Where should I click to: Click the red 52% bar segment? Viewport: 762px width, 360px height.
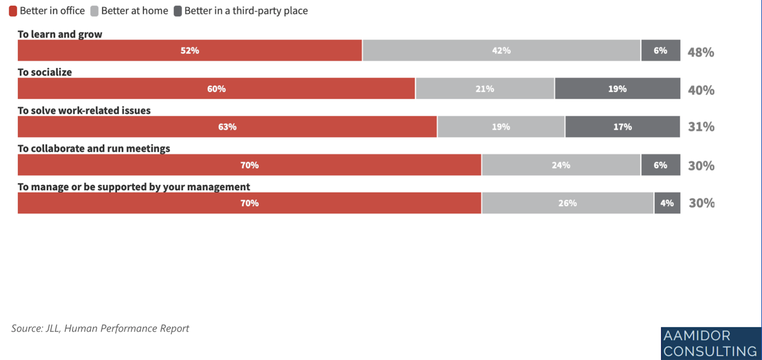[190, 51]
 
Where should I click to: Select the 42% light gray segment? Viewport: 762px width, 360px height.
[501, 51]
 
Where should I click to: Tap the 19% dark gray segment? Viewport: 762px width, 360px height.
[617, 89]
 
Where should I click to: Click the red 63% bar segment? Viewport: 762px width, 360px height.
[227, 127]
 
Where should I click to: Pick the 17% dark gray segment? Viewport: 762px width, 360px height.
[622, 127]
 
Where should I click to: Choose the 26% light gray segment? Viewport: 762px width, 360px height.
[567, 203]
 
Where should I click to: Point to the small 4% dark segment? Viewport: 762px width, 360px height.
[667, 203]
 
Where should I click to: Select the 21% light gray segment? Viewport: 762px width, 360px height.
[484, 89]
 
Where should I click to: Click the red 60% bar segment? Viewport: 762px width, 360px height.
[216, 89]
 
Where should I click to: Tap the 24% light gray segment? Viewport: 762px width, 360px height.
[561, 165]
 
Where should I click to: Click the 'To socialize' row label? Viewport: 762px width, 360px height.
[45, 72]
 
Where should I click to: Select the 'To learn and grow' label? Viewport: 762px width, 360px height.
[60, 34]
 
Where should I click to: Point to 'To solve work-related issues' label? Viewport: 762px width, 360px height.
[84, 111]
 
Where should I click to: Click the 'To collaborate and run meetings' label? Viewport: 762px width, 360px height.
[94, 149]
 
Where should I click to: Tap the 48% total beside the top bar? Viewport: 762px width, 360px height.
[701, 52]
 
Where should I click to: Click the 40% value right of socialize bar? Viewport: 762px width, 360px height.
[701, 90]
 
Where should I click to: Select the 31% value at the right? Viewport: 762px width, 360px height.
[701, 127]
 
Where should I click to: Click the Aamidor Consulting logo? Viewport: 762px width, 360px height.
[710, 343]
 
